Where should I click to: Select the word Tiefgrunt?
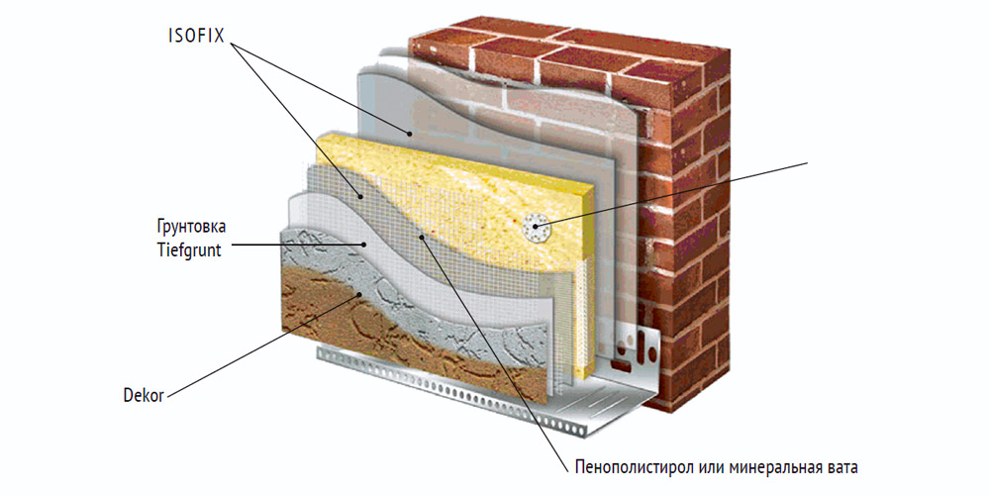(187, 249)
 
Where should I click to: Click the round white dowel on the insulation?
(536, 229)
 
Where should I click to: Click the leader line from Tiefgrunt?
(297, 245)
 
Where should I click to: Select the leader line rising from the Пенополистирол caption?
(495, 346)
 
